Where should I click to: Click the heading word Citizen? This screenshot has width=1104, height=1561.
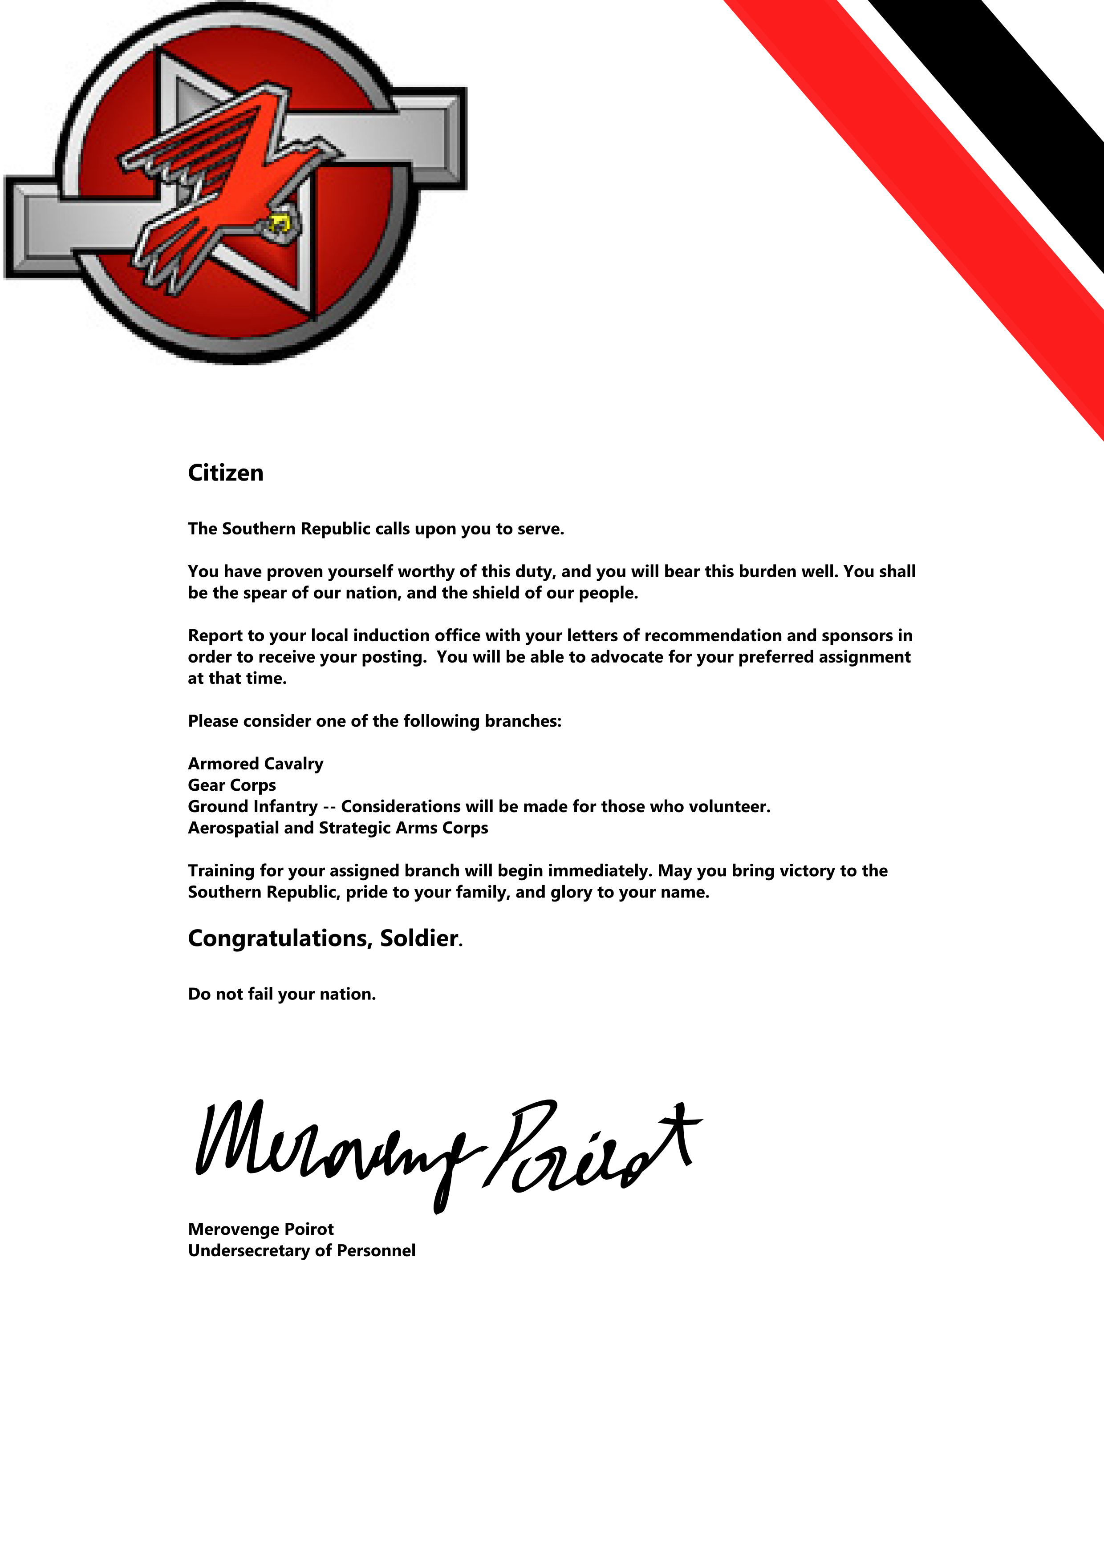(225, 473)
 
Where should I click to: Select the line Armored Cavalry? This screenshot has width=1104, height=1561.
(255, 764)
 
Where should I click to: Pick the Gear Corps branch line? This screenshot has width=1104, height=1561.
(232, 785)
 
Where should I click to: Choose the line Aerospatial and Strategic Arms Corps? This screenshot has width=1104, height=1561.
(338, 828)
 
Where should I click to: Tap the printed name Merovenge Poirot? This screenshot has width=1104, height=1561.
(260, 1229)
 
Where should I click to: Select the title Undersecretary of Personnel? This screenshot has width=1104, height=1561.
(301, 1251)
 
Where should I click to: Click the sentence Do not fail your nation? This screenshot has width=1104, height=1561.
(282, 994)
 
